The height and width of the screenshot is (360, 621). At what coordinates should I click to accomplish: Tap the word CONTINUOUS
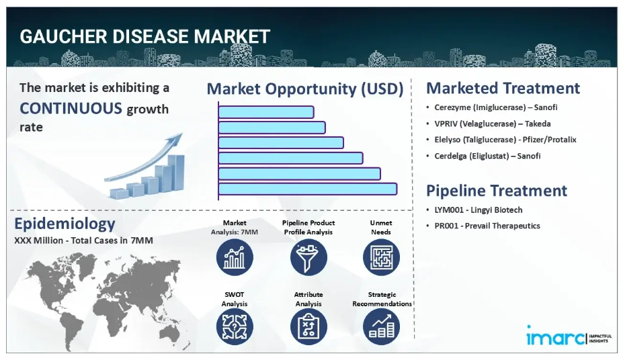pos(71,108)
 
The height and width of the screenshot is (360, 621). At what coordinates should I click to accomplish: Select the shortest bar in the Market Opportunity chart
pos(266,112)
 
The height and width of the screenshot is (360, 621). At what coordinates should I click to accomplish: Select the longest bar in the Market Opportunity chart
pos(308,189)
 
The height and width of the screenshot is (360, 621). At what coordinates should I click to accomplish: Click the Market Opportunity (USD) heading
pos(305,89)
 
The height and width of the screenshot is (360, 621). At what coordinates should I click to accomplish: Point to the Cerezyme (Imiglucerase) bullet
pos(495,107)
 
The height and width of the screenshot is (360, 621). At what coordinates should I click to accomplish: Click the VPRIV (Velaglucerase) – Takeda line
pos(492,124)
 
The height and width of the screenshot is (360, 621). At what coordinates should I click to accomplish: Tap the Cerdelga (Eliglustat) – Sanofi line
pos(487,156)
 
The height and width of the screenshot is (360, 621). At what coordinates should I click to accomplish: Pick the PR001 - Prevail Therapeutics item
pos(487,226)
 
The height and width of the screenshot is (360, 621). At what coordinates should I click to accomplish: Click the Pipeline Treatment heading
pos(496,191)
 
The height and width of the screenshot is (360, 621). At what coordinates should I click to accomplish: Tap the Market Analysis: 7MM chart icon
pos(235,257)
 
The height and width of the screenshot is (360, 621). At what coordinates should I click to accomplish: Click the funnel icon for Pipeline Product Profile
pos(308,257)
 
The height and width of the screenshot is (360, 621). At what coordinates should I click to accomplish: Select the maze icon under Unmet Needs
pos(381,257)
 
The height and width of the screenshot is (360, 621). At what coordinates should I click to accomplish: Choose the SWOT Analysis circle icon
pos(235,327)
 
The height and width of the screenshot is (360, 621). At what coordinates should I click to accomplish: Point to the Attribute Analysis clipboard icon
pos(308,327)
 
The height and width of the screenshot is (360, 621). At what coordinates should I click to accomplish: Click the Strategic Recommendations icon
pos(381,327)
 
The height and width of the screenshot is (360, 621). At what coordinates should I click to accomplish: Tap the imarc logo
pos(569,336)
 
